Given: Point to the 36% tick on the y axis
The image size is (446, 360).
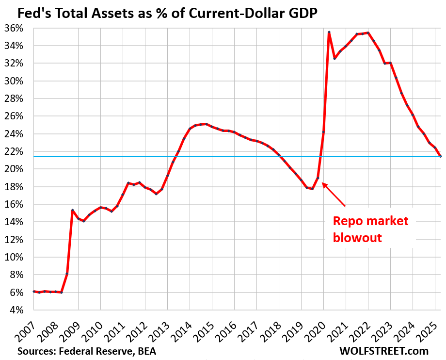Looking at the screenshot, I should [x=14, y=28].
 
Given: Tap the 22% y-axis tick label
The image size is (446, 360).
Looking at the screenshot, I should [x=14, y=151].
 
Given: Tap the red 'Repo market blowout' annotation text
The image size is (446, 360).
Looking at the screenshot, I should [x=370, y=229].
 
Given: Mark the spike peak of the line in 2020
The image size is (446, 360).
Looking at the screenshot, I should [x=329, y=32].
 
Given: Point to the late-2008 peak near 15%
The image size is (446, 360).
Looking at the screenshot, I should [x=72, y=210].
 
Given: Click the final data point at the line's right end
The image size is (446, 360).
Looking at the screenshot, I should [x=440, y=156].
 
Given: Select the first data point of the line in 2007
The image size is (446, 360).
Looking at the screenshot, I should [x=33, y=291].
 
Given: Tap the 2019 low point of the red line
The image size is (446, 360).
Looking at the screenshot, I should [x=313, y=188].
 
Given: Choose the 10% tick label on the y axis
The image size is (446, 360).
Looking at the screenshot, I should [x=14, y=257].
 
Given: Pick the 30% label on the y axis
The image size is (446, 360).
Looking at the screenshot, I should [x=14, y=81].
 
